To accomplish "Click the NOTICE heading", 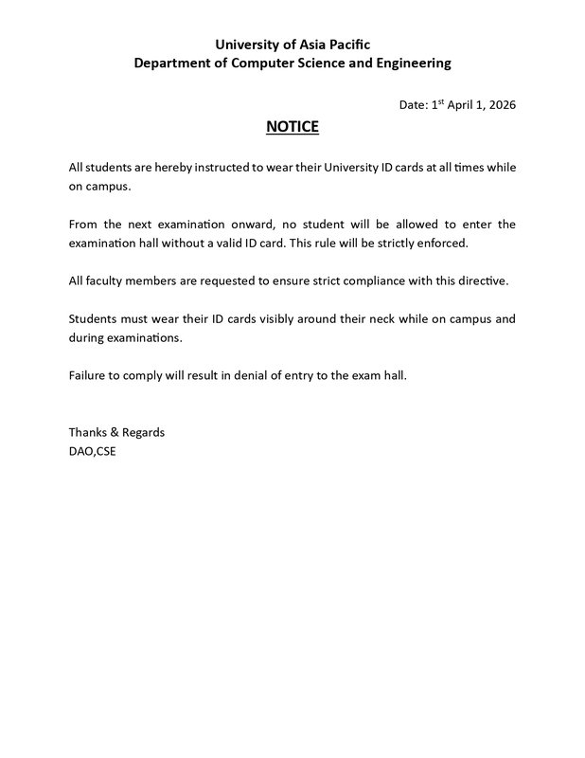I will tap(292, 127).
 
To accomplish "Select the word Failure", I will tap(87, 375).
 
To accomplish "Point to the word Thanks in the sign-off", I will tap(87, 432).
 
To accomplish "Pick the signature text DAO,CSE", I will tap(92, 451).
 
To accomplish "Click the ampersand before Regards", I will tap(115, 432).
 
